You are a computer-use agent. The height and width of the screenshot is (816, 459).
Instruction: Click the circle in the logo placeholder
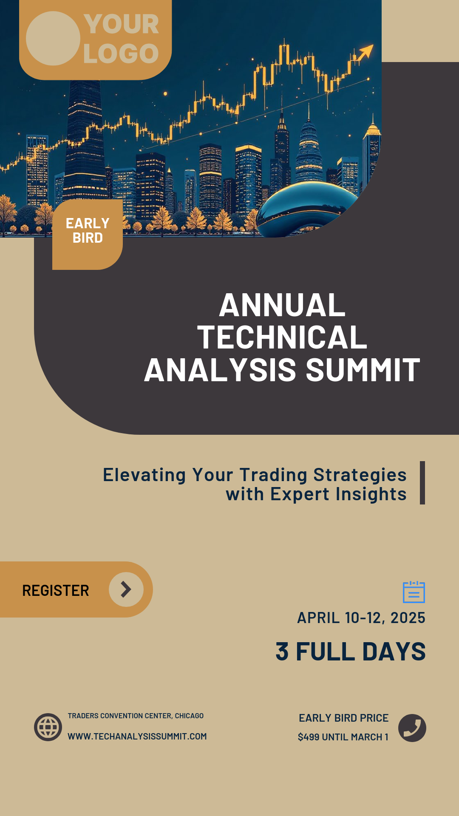pos(53,38)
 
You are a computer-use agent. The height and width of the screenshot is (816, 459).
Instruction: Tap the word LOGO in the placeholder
pos(121,54)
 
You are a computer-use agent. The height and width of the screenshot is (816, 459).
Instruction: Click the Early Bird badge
pos(88,231)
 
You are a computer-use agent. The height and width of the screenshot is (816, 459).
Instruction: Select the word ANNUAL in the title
pos(282,305)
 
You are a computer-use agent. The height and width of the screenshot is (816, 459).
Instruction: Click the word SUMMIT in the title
pos(363,370)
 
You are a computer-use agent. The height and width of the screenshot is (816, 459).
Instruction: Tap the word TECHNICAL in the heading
pos(282,337)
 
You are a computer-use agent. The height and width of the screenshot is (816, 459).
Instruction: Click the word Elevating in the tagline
pos(144,475)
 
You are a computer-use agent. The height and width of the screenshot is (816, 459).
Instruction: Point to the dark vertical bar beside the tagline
pos(422,483)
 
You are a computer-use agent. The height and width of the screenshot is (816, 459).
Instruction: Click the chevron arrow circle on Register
pos(126,589)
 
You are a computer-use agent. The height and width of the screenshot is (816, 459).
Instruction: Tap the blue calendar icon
pos(414,592)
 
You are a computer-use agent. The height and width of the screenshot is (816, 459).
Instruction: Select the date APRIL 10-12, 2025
pos(361,618)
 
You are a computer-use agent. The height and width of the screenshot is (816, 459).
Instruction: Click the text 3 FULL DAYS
pos(351,652)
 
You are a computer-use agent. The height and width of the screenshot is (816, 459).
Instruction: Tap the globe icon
pos(48,727)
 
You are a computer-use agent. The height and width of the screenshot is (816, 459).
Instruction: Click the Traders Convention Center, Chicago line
pos(136,716)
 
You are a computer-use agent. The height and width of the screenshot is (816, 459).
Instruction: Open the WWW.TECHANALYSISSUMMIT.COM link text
pos(137,737)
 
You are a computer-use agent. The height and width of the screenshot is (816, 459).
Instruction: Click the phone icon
pos(412,728)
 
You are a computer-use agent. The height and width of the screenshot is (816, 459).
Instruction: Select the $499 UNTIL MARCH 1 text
pos(343,737)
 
